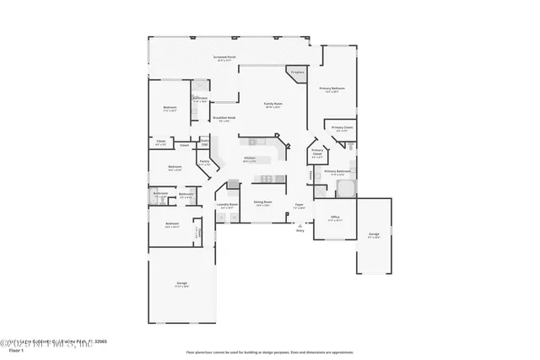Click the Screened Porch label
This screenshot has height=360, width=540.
click(225, 59)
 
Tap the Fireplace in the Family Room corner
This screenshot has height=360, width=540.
click(296, 74)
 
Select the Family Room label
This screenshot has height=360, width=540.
click(273, 105)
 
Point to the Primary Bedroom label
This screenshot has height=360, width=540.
click(332, 89)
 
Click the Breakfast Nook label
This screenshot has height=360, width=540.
click(224, 119)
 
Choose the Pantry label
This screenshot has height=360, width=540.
click(204, 163)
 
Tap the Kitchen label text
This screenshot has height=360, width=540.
click(250, 159)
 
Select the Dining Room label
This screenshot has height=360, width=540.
click(262, 203)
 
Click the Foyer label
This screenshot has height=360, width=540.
click(299, 205)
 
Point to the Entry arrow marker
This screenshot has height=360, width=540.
click(300, 225)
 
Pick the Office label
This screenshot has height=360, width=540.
click(334, 218)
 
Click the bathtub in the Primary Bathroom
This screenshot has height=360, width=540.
click(347, 188)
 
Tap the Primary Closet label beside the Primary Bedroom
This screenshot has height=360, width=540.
click(342, 128)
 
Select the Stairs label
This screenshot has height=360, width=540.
click(204, 142)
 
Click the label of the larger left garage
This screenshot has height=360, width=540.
click(181, 284)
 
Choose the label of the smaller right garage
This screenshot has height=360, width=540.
click(374, 236)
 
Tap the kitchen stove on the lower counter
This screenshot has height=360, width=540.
click(267, 178)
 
